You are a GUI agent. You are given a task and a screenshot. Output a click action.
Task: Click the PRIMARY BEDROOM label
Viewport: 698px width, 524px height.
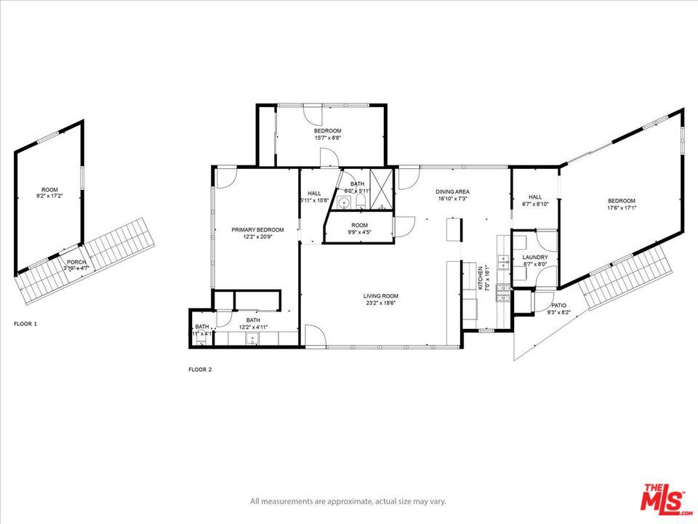tap(257, 230)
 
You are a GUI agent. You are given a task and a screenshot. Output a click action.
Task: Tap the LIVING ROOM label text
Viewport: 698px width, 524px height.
tap(381, 295)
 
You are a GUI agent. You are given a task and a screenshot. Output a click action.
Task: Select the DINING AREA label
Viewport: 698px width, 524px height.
tap(452, 191)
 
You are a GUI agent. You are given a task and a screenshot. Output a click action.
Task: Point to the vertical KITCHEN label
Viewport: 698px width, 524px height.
tap(481, 278)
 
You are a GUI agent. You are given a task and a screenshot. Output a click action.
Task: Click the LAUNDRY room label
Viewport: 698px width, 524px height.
tap(534, 258)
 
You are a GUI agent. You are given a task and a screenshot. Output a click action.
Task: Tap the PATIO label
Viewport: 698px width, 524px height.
tap(558, 305)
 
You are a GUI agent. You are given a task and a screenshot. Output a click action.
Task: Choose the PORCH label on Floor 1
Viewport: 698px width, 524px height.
tap(76, 262)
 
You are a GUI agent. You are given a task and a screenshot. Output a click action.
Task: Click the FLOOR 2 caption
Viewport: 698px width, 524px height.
tap(200, 370)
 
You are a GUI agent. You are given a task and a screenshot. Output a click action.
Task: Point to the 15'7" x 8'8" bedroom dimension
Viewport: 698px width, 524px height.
tap(328, 138)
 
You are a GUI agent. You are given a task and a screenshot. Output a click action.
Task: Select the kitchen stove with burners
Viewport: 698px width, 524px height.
tap(502, 292)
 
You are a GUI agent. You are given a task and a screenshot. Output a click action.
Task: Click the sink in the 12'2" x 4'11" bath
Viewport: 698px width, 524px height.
tap(253, 337)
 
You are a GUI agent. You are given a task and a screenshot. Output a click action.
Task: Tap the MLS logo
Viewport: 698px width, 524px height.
tap(662, 499)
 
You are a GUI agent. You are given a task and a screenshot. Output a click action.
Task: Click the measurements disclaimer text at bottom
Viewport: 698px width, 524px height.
tap(348, 501)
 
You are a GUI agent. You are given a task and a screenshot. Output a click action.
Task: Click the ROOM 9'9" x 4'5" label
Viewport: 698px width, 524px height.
tap(359, 229)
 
